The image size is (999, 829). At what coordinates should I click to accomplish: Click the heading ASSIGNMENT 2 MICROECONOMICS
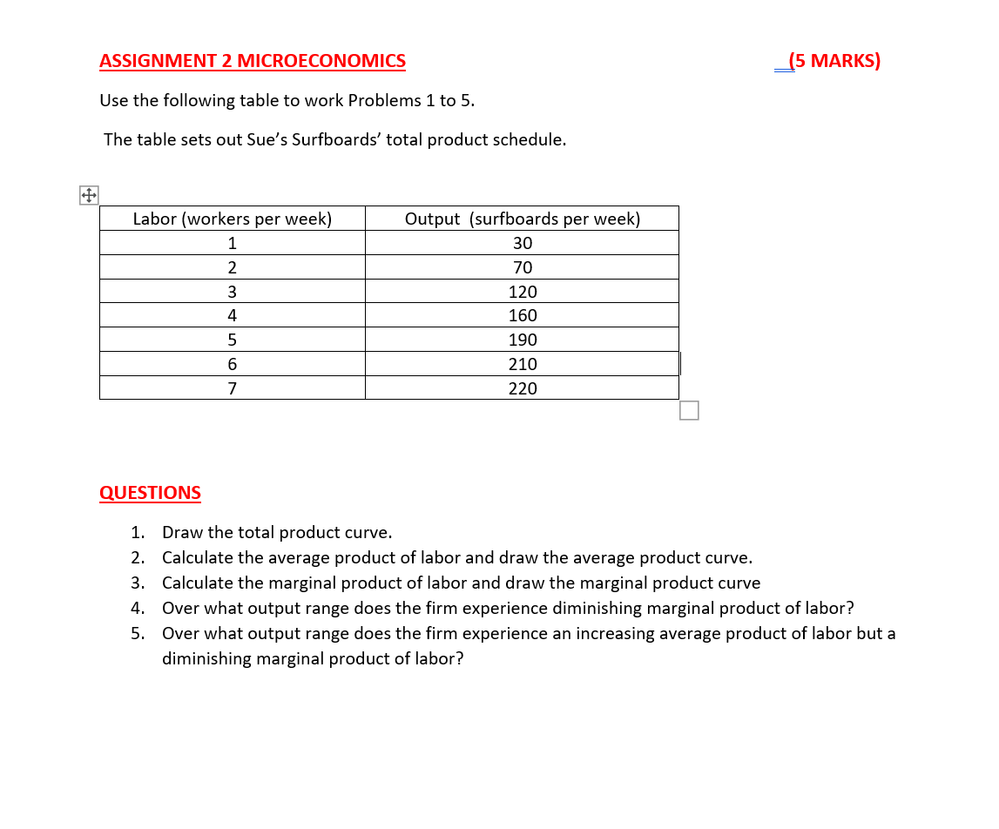(x=253, y=61)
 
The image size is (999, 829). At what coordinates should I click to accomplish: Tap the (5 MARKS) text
(x=834, y=61)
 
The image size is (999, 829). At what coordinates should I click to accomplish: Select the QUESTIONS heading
(x=150, y=493)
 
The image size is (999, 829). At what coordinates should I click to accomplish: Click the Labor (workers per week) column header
(x=232, y=219)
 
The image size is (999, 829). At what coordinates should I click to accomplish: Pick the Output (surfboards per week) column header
(x=522, y=219)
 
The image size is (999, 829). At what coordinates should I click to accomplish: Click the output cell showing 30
(x=522, y=243)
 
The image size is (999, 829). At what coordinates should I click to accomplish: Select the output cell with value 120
(x=522, y=292)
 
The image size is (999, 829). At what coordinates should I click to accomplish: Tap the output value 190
(x=522, y=340)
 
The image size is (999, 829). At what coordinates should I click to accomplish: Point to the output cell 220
(x=522, y=388)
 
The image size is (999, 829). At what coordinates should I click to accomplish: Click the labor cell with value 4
(x=232, y=316)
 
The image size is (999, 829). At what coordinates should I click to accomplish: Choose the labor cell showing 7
(x=232, y=388)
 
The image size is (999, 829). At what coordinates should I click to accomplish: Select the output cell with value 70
(x=522, y=267)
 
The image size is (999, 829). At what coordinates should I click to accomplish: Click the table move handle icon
(x=89, y=195)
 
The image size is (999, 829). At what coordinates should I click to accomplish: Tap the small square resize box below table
(x=689, y=410)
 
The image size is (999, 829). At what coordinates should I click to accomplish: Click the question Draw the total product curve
(x=277, y=532)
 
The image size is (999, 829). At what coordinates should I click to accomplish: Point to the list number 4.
(x=137, y=608)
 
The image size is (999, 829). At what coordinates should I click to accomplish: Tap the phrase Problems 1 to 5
(x=411, y=100)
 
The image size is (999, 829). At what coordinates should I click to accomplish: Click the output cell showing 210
(x=522, y=364)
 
